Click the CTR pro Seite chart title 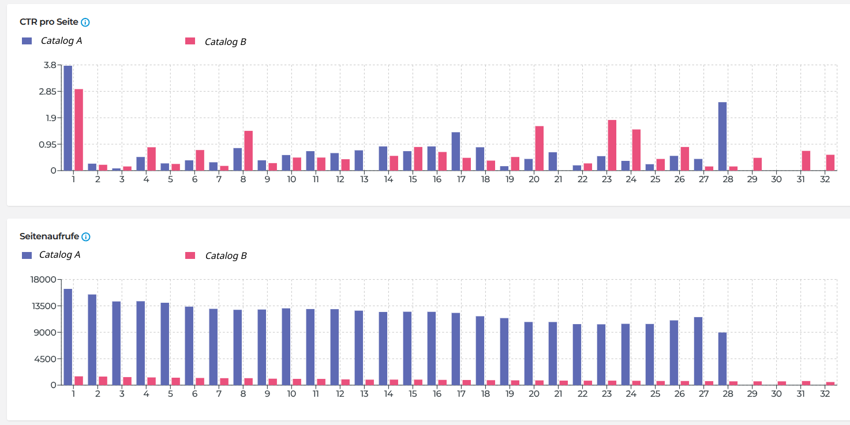coord(49,22)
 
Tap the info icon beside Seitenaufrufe coord(86,236)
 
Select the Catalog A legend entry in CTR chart coord(52,41)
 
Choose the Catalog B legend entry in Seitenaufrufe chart coord(216,255)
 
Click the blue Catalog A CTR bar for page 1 coord(68,118)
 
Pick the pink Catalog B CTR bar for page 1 coord(79,130)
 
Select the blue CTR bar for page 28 coord(722,136)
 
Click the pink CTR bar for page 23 coord(612,145)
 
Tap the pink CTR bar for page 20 coord(540,148)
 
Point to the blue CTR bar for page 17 coord(456,151)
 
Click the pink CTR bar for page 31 coord(806,160)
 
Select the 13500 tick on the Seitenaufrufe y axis coord(45,306)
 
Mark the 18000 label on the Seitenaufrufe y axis coord(45,280)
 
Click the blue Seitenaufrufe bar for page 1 coord(68,337)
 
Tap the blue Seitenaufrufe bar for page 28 coord(722,359)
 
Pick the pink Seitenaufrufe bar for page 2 coord(103,381)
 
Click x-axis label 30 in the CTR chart coord(777,179)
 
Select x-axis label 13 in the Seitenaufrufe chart coord(364,394)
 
